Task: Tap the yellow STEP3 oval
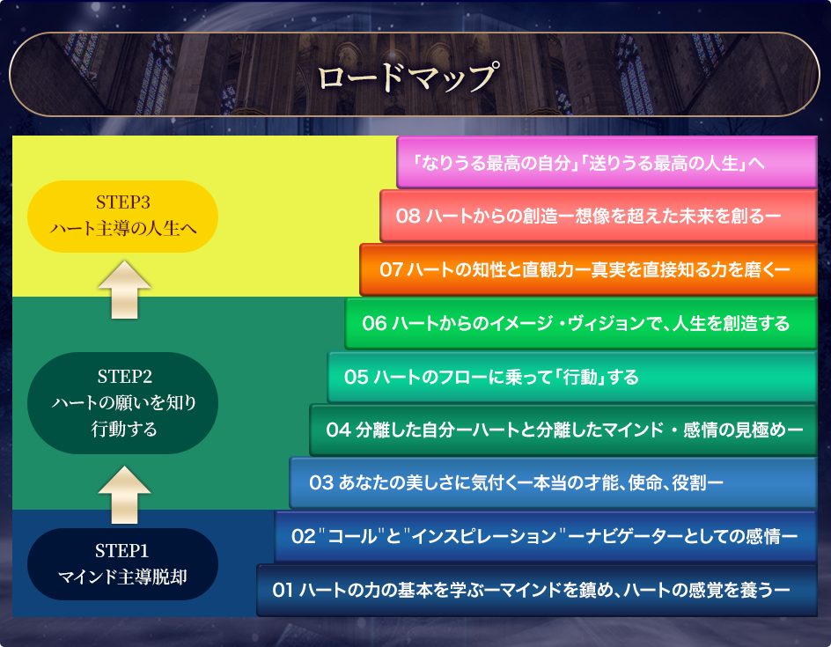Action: click(122, 217)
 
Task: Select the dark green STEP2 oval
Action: click(122, 402)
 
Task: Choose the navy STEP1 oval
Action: click(122, 563)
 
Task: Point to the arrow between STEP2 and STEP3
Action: click(124, 290)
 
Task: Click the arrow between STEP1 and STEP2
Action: click(124, 495)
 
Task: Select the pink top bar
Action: click(607, 162)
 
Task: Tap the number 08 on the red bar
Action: click(408, 217)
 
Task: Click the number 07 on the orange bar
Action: click(391, 269)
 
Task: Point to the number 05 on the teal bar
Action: click(357, 378)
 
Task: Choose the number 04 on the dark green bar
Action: click(339, 430)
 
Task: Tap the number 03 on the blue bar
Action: click(321, 482)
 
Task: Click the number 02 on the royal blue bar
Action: click(304, 536)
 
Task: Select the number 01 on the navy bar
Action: click(283, 590)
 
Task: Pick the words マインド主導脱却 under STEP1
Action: click(122, 577)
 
